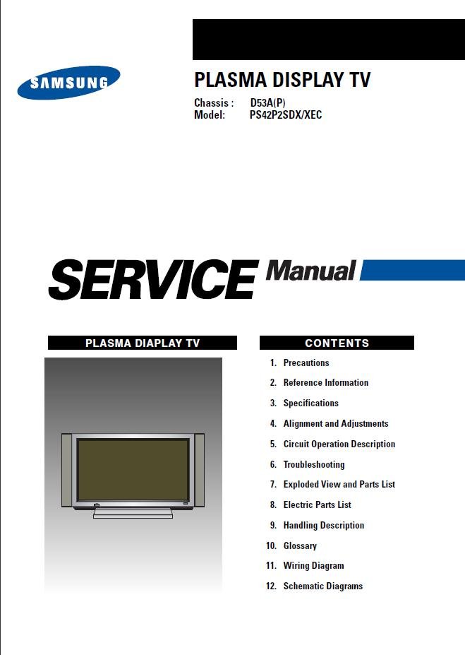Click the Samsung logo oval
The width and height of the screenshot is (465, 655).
click(x=69, y=82)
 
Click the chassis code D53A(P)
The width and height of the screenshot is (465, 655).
click(x=267, y=102)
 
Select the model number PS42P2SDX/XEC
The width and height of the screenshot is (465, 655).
click(x=286, y=115)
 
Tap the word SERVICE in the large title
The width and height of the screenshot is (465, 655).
click(x=153, y=278)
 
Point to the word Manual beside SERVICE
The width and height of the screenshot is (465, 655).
click(x=311, y=271)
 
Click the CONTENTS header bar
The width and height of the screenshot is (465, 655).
click(x=337, y=343)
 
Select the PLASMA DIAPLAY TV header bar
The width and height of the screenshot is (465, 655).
click(x=143, y=343)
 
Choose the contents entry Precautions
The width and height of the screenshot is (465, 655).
click(x=306, y=362)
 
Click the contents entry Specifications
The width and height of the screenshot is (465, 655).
click(x=310, y=403)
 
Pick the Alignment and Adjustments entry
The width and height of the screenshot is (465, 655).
click(x=336, y=423)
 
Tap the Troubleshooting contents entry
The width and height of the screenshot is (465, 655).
click(x=314, y=464)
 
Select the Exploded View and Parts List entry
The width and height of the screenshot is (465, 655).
click(x=339, y=484)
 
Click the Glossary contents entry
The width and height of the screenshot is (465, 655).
click(x=300, y=546)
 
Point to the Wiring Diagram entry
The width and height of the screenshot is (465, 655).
click(x=313, y=565)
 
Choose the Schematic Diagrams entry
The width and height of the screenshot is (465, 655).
click(x=322, y=586)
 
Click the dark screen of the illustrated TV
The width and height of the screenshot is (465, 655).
click(x=133, y=470)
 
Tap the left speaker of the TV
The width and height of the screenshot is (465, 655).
click(x=67, y=471)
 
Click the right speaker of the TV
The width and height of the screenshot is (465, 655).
click(x=200, y=471)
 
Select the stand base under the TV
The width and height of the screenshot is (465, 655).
click(x=133, y=514)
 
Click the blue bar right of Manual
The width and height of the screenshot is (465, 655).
click(x=413, y=270)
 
